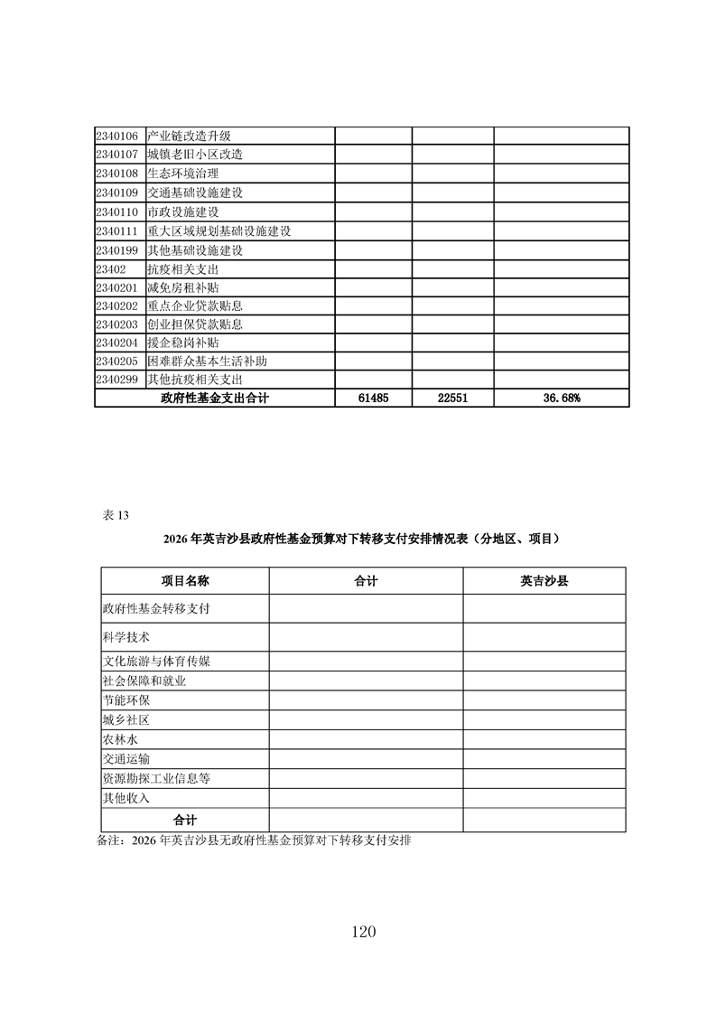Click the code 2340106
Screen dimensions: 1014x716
coord(116,136)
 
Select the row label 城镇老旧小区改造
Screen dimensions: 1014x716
coord(195,155)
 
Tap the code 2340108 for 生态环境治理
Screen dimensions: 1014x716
coord(116,174)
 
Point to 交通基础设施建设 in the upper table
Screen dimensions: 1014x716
coord(195,192)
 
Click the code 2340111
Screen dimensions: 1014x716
coord(116,230)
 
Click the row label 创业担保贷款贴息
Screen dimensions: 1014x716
coord(195,324)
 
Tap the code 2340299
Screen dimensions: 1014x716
coord(116,380)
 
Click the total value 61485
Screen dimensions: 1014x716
coord(373,399)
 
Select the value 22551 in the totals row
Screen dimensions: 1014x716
coord(452,399)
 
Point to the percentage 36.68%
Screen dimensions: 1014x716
coord(561,399)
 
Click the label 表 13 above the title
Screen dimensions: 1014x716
coord(116,515)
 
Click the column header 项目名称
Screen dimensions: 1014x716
coord(185,581)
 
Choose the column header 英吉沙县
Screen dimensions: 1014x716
coord(544,581)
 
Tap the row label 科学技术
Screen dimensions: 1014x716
coord(126,636)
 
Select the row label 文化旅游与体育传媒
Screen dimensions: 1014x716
coord(157,662)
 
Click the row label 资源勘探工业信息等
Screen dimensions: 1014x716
coord(157,778)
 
